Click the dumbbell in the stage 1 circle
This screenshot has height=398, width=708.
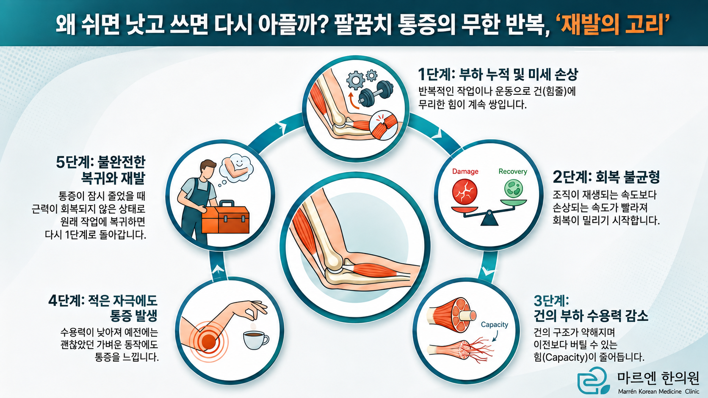[376, 93]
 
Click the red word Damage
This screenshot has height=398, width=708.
[465, 171]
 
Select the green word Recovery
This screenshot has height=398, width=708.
[513, 171]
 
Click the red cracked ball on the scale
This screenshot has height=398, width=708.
[465, 192]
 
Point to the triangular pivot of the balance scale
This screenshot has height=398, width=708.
[489, 218]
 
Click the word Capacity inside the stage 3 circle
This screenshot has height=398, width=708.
[494, 324]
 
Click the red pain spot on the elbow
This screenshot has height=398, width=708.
[208, 341]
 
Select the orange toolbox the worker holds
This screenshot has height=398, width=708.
[225, 217]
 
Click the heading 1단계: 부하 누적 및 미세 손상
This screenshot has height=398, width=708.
[498, 74]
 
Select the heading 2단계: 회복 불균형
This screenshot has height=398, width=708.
[606, 177]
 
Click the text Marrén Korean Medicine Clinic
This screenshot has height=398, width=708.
[659, 392]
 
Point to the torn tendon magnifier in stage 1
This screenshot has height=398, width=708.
[384, 125]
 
